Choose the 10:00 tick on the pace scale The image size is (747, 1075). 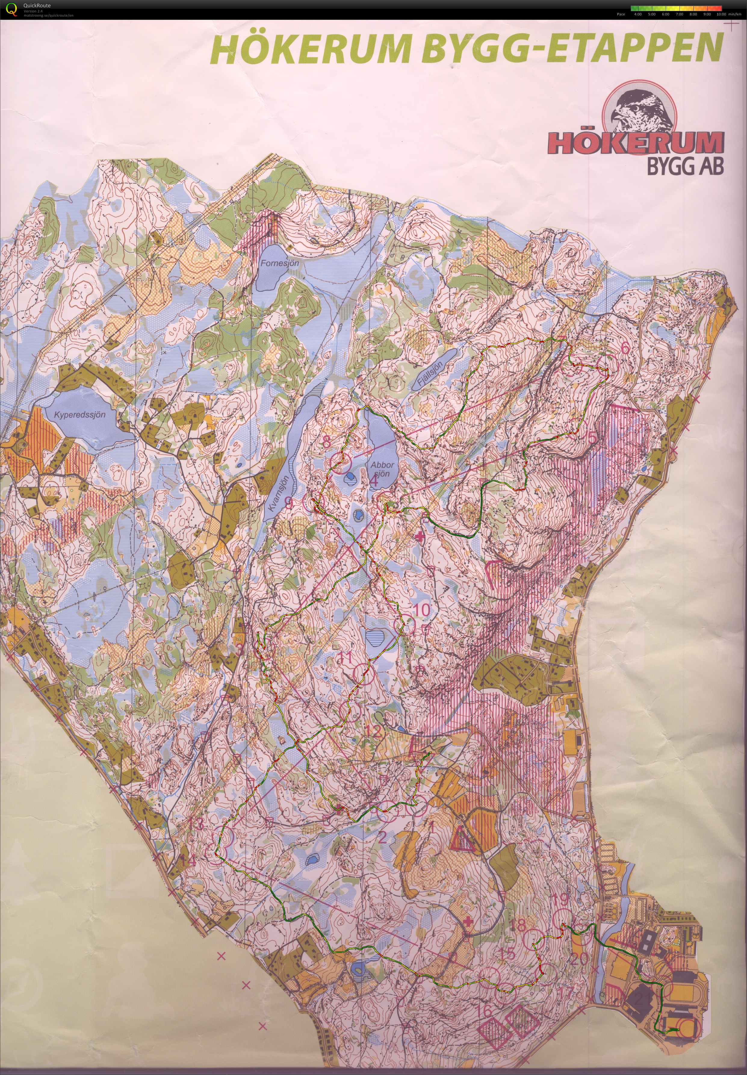click(721, 14)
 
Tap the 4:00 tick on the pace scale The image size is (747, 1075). click(637, 14)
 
